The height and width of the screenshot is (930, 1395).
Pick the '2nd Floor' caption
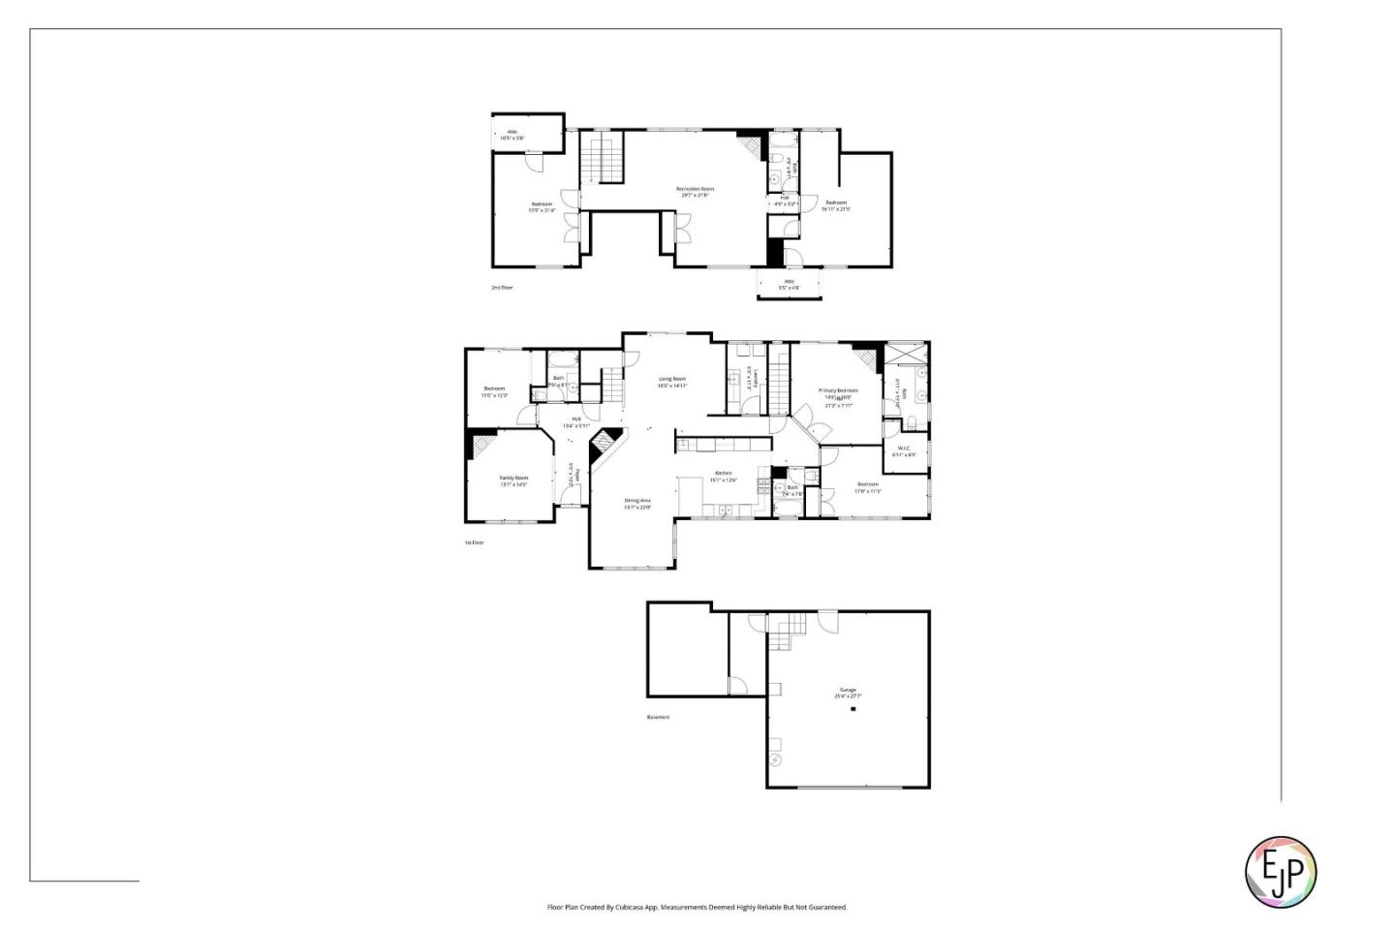502,288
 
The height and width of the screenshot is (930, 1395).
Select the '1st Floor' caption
474,542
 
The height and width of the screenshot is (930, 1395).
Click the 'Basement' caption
658,717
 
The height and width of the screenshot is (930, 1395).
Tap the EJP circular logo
1280,872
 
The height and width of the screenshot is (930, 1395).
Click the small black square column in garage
853,709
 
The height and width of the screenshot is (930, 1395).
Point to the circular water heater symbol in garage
775,759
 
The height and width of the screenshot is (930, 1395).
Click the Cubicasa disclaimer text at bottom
697,908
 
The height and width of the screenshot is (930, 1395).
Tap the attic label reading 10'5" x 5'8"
512,135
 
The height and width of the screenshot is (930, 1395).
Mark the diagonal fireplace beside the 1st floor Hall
604,444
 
